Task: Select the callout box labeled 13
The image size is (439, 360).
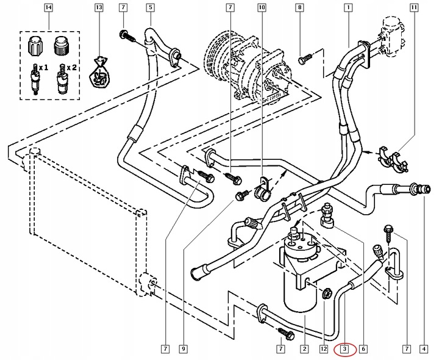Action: click(98, 9)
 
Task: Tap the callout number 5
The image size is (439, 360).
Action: click(150, 9)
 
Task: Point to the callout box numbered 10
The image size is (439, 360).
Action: click(262, 9)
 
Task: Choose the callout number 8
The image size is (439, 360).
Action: click(299, 9)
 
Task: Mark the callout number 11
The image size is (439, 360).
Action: click(415, 9)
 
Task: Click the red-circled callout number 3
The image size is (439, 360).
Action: click(344, 350)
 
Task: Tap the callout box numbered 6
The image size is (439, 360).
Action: click(363, 350)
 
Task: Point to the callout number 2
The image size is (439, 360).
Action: click(303, 350)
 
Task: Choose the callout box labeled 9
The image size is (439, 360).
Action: click(182, 350)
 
